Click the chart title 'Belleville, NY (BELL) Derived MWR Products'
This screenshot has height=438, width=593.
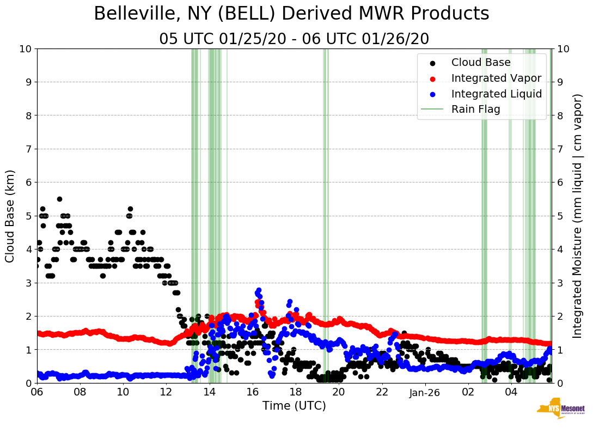click(291, 14)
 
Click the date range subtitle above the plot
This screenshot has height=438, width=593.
click(294, 39)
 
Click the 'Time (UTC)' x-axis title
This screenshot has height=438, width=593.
click(294, 406)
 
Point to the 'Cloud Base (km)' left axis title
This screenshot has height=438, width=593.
click(10, 216)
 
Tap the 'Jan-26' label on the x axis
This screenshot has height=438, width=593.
click(425, 392)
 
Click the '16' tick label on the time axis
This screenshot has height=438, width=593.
click(252, 392)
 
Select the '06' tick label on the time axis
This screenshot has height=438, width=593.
click(37, 392)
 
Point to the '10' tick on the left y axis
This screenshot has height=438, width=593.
click(25, 48)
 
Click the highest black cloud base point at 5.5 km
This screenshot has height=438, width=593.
click(59, 199)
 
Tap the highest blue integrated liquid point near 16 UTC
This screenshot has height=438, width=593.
click(259, 290)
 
